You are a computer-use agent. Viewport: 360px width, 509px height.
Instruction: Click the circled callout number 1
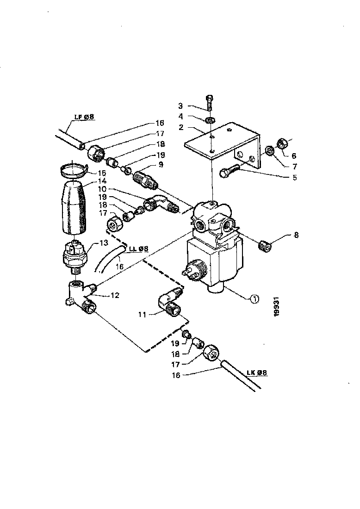pos(255,299)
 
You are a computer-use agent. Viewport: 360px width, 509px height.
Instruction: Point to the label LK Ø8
pos(256,372)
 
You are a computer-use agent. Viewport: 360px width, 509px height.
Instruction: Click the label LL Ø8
pos(139,249)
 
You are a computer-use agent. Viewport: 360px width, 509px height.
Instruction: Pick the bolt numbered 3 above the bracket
pos(209,103)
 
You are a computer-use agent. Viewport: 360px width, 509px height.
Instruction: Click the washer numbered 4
pos(209,120)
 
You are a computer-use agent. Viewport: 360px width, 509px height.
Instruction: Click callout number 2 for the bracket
pos(181,127)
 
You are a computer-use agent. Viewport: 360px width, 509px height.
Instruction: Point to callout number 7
pos(294,167)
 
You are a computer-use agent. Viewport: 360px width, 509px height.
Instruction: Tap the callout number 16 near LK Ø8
pos(176,375)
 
